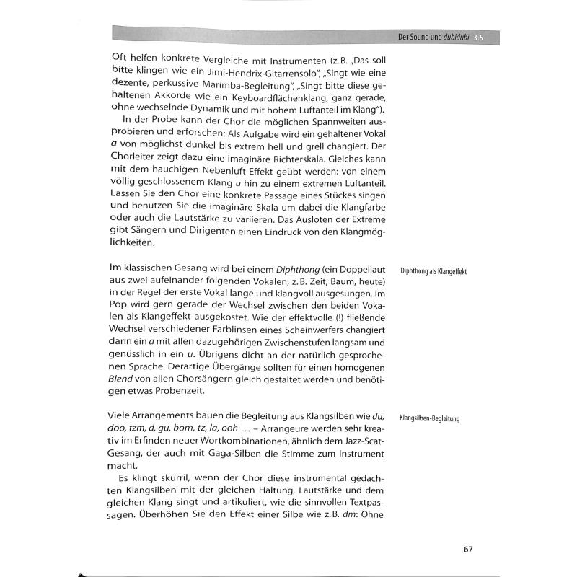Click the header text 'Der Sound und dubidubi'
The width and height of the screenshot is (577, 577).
pos(430,36)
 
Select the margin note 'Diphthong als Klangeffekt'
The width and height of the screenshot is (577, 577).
pos(433,272)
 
